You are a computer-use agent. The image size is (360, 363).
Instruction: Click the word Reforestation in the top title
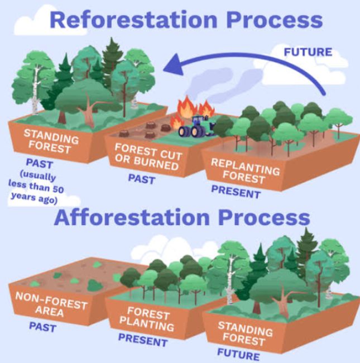coord(133,20)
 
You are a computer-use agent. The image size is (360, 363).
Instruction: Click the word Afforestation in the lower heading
coord(132,217)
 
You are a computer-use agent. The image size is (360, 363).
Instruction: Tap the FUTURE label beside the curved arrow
coord(308,52)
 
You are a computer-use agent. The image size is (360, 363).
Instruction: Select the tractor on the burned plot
coord(196,127)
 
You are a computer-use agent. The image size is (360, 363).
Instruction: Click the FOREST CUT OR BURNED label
coord(148,156)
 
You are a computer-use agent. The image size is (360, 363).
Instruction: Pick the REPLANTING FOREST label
coord(245,171)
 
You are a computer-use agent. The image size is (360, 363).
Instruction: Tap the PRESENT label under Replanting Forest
coord(236,192)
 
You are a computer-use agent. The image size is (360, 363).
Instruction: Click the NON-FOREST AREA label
coord(51,304)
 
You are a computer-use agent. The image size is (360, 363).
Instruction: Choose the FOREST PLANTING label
coord(147,319)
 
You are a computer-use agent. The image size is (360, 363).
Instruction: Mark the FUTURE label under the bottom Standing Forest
coord(238,354)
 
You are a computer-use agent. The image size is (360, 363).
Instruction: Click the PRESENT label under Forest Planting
coord(143,340)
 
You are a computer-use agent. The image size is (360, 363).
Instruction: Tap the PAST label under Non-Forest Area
coord(42,327)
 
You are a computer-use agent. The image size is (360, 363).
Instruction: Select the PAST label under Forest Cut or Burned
coord(141,179)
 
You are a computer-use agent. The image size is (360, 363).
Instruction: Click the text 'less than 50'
coord(36,187)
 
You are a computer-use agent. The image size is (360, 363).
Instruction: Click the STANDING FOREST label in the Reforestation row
coord(51,141)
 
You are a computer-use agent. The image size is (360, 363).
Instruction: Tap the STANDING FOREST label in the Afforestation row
coord(245,333)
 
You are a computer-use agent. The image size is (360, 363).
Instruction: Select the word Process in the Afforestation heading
coord(264,217)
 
